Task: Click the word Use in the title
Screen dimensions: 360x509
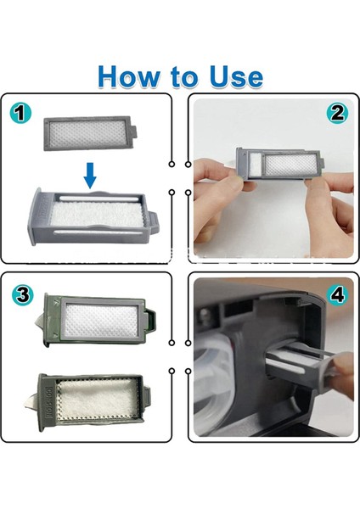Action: (x=236, y=76)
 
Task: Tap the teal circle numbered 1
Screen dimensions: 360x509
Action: (x=20, y=114)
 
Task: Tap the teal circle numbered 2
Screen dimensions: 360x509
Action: (x=337, y=114)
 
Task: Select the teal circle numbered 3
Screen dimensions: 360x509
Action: (x=22, y=294)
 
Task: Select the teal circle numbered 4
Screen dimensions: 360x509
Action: (x=338, y=294)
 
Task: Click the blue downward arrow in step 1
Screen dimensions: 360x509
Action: (x=90, y=176)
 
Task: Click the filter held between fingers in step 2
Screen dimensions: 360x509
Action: (x=280, y=163)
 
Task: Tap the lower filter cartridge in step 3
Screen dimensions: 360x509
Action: (x=93, y=402)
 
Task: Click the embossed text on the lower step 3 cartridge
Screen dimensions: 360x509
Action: (x=51, y=403)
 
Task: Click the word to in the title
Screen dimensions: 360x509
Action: (x=183, y=77)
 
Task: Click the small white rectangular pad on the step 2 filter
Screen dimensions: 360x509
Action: (x=256, y=163)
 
